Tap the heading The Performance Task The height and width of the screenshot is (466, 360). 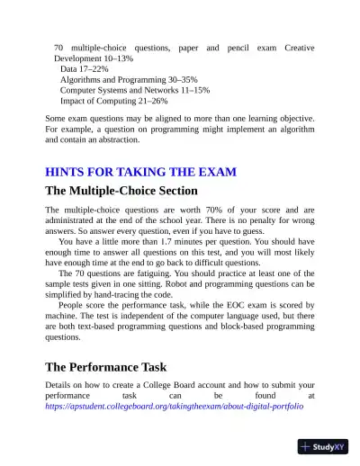pos(105,367)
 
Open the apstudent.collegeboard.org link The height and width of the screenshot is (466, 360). pos(175,407)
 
